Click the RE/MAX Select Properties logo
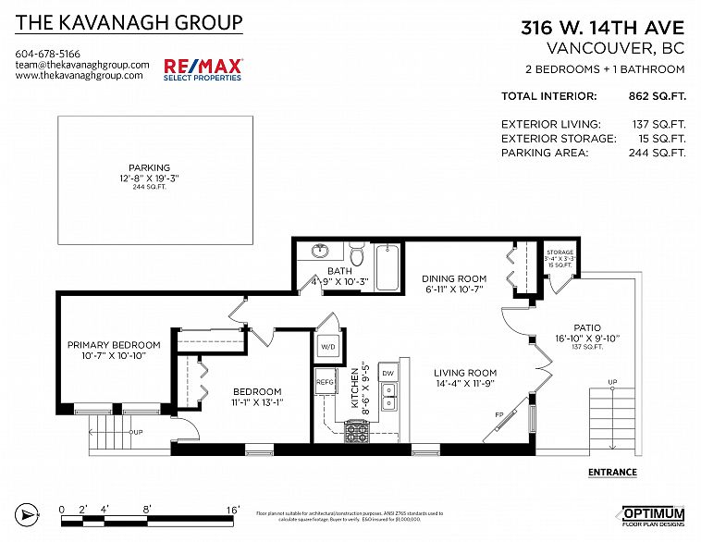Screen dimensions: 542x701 click(x=203, y=68)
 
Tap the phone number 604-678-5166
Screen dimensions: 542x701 click(x=48, y=54)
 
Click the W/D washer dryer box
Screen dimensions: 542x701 click(x=328, y=348)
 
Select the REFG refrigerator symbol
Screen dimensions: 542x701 click(x=325, y=381)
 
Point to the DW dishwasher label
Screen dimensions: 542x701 click(x=387, y=374)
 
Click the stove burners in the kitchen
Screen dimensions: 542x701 click(x=357, y=430)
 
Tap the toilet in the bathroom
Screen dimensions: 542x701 click(x=356, y=253)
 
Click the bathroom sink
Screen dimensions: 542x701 click(x=320, y=251)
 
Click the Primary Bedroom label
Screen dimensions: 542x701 click(x=114, y=345)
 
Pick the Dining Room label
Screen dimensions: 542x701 click(x=454, y=278)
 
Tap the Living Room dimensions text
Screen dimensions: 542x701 click(x=466, y=384)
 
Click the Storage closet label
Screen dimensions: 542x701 click(x=560, y=252)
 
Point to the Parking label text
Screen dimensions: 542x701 click(x=149, y=167)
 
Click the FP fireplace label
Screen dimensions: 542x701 click(x=498, y=414)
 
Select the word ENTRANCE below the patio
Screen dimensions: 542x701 click(x=612, y=473)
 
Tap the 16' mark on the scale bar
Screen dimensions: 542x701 click(x=232, y=509)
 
